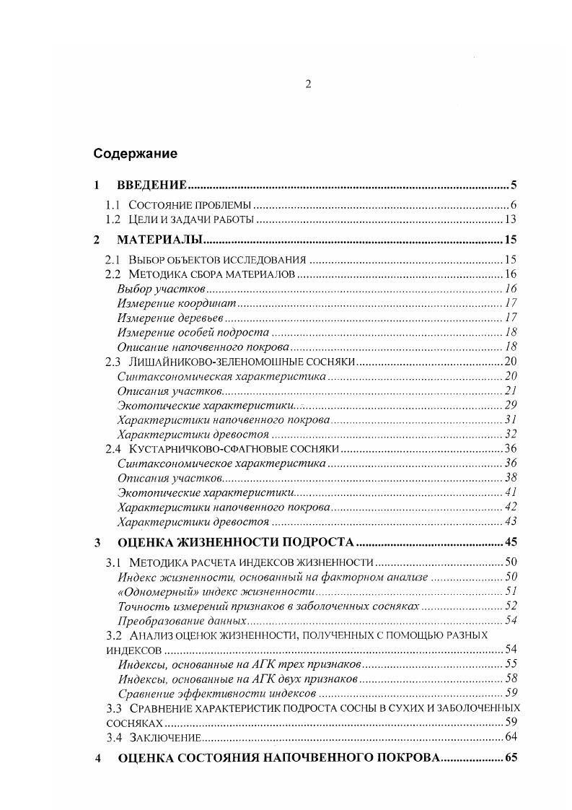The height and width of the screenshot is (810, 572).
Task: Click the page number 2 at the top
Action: (x=307, y=84)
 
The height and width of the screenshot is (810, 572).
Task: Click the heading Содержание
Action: (x=135, y=154)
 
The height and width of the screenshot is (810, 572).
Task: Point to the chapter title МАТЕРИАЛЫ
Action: (x=159, y=240)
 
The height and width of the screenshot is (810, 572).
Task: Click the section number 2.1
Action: (x=112, y=260)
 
